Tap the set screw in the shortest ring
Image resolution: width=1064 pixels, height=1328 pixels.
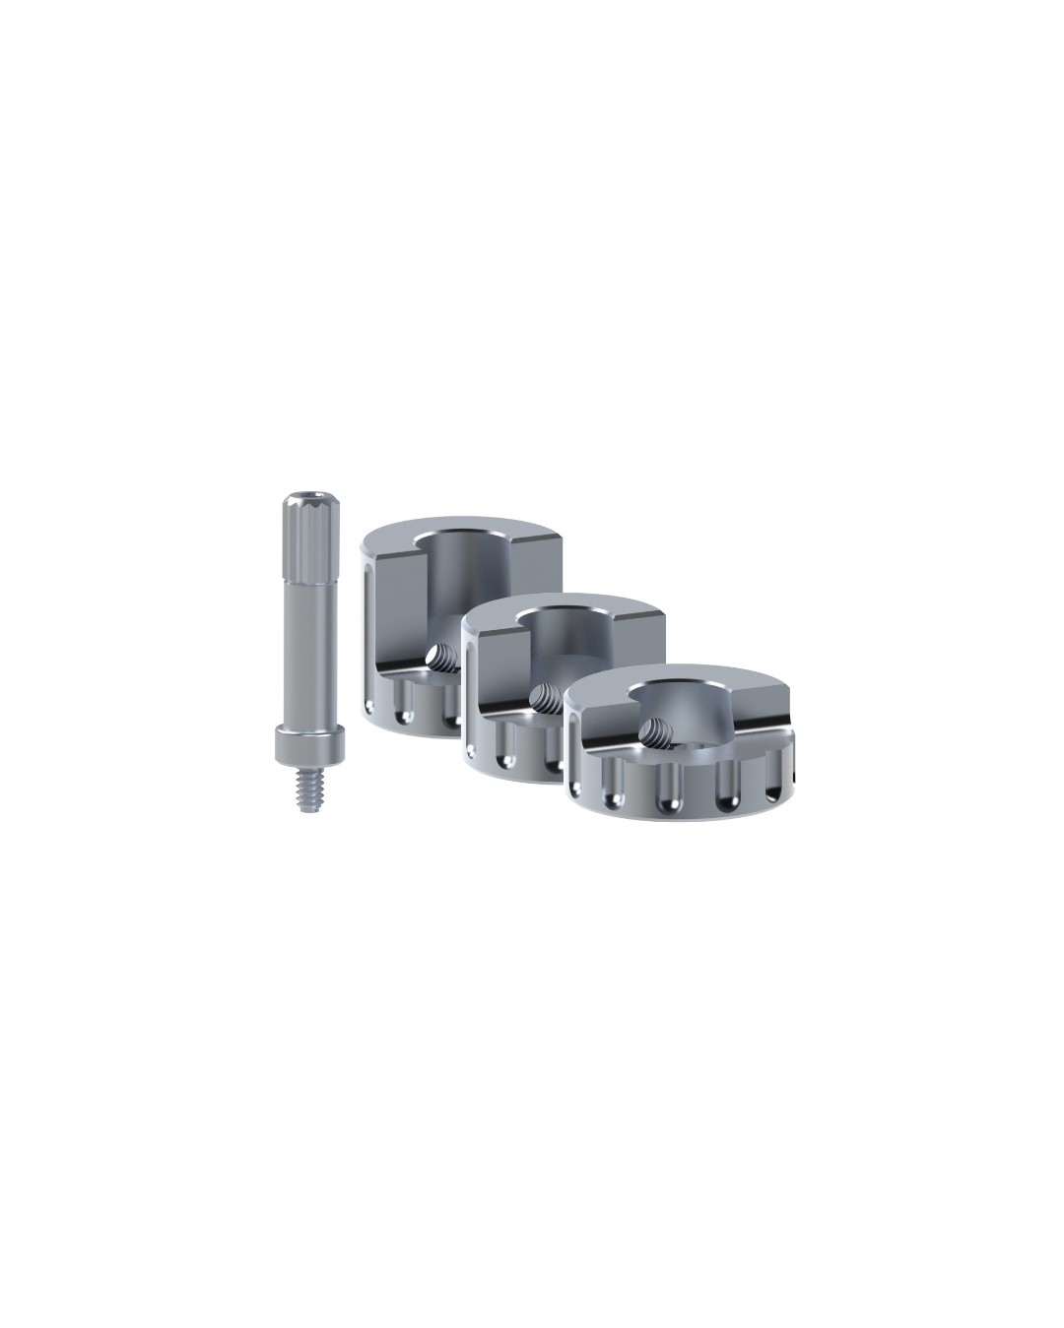650,730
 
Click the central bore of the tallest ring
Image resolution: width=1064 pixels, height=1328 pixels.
463,581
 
